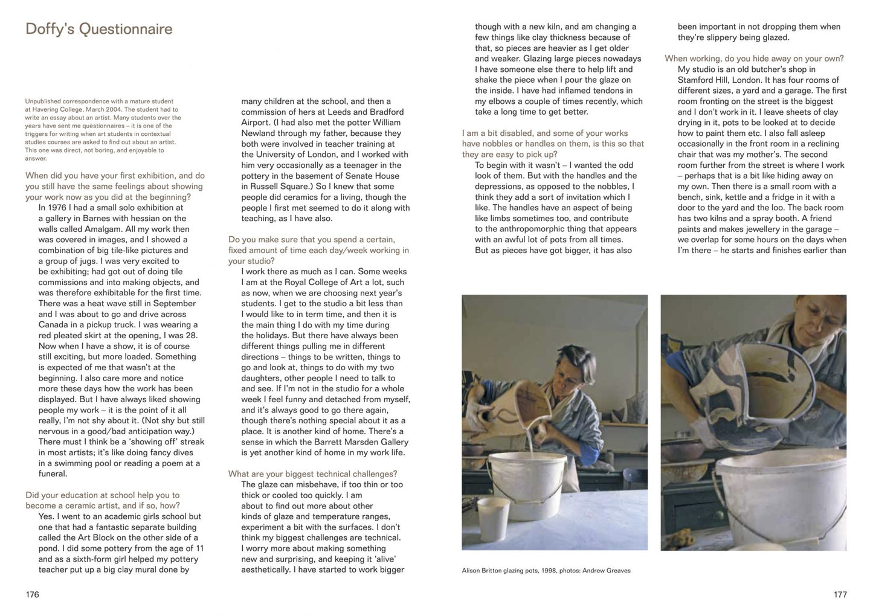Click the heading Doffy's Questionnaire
tap(98, 29)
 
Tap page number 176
tap(32, 595)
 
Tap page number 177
tap(840, 595)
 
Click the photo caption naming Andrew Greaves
tap(546, 570)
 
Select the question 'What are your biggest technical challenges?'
tap(312, 473)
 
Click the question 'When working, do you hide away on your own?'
tap(754, 59)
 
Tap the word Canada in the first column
tap(54, 325)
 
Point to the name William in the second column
tap(384, 123)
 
